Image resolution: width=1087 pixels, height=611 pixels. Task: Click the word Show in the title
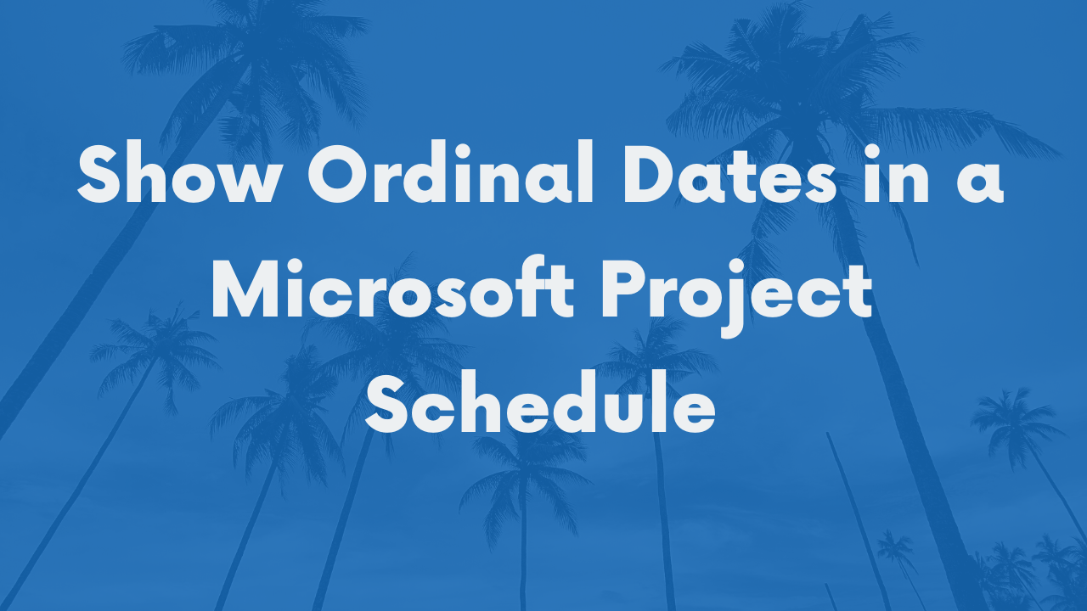point(180,171)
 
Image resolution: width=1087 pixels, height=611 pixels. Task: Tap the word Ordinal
point(451,171)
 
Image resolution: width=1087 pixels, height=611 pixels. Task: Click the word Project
point(737,297)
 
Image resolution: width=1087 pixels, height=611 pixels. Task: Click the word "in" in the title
point(897,172)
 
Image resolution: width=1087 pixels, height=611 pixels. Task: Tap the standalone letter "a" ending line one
point(980,181)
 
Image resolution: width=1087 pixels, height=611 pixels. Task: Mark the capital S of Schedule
point(386,403)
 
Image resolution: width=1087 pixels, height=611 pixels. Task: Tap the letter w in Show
point(251,181)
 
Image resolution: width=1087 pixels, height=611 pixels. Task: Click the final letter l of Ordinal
point(587,171)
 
